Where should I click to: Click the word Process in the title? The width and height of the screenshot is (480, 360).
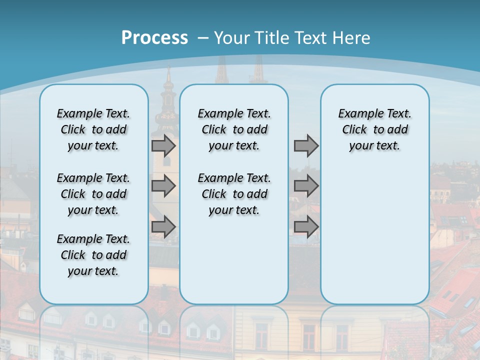pos(154,38)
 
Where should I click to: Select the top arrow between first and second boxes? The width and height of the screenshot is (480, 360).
pos(163,146)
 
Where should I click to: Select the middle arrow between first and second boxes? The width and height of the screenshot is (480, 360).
pos(163,186)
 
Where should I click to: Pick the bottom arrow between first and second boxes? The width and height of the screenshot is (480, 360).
pos(163,227)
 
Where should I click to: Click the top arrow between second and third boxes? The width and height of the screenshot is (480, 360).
pos(306,146)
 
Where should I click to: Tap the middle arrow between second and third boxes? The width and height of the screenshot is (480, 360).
pos(306,186)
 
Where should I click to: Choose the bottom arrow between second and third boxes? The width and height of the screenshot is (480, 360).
pos(306,227)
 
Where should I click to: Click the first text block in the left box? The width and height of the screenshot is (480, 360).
pos(93,129)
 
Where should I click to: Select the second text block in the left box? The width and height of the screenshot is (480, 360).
pos(93,194)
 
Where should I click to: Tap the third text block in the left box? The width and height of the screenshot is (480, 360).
pos(93,255)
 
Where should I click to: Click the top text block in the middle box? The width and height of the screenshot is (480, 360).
pos(234,129)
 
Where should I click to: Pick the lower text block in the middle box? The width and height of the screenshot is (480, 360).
pos(234,194)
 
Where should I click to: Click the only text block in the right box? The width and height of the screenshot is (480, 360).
pos(374,129)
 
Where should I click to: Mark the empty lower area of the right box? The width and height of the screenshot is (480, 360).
pos(374,235)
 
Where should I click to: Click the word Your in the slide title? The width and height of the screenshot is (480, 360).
pos(232,38)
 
